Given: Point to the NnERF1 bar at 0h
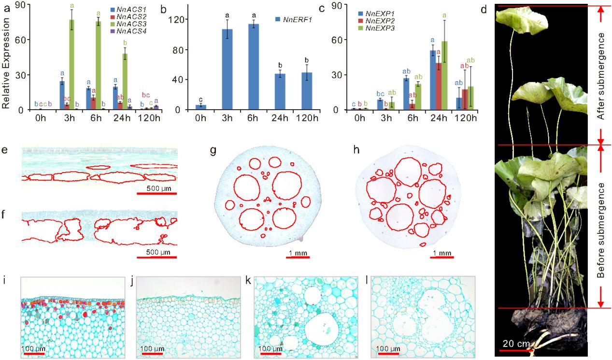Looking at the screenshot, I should pyautogui.click(x=187, y=107).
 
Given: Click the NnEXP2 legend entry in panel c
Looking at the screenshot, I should pyautogui.click(x=376, y=22).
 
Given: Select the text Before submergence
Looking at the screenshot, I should pyautogui.click(x=601, y=226).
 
